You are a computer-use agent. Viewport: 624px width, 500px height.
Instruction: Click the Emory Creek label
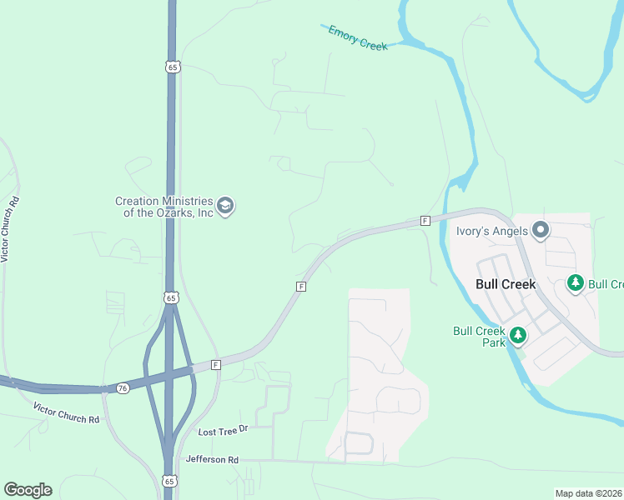pyautogui.click(x=358, y=38)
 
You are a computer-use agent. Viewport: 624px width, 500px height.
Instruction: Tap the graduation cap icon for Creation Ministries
pyautogui.click(x=225, y=205)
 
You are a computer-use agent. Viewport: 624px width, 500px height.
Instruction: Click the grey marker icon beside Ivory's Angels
pyautogui.click(x=541, y=231)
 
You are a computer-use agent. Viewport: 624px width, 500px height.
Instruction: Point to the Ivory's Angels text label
pyautogui.click(x=491, y=231)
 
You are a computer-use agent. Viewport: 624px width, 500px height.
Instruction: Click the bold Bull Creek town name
pyautogui.click(x=506, y=283)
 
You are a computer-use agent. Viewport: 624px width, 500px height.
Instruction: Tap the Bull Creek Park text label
pyautogui.click(x=480, y=336)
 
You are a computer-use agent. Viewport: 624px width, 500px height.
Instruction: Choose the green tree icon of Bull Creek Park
pyautogui.click(x=519, y=335)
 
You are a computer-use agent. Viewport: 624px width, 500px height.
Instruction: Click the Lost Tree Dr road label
pyautogui.click(x=224, y=431)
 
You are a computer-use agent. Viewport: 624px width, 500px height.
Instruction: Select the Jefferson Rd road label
pyautogui.click(x=212, y=459)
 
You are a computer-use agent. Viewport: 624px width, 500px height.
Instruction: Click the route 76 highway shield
pyautogui.click(x=123, y=388)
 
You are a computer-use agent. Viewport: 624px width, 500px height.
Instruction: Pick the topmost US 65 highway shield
pyautogui.click(x=172, y=67)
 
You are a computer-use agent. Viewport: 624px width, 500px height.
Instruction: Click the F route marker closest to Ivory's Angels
pyautogui.click(x=425, y=221)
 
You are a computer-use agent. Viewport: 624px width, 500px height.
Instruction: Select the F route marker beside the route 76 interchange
pyautogui.click(x=215, y=365)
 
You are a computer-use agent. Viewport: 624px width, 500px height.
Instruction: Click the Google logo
pyautogui.click(x=28, y=490)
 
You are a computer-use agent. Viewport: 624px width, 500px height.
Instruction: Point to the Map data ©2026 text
pyautogui.click(x=589, y=493)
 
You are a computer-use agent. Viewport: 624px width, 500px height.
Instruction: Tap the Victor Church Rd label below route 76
pyautogui.click(x=66, y=412)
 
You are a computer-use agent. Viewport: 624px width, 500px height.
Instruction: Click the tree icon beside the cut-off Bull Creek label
pyautogui.click(x=575, y=284)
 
